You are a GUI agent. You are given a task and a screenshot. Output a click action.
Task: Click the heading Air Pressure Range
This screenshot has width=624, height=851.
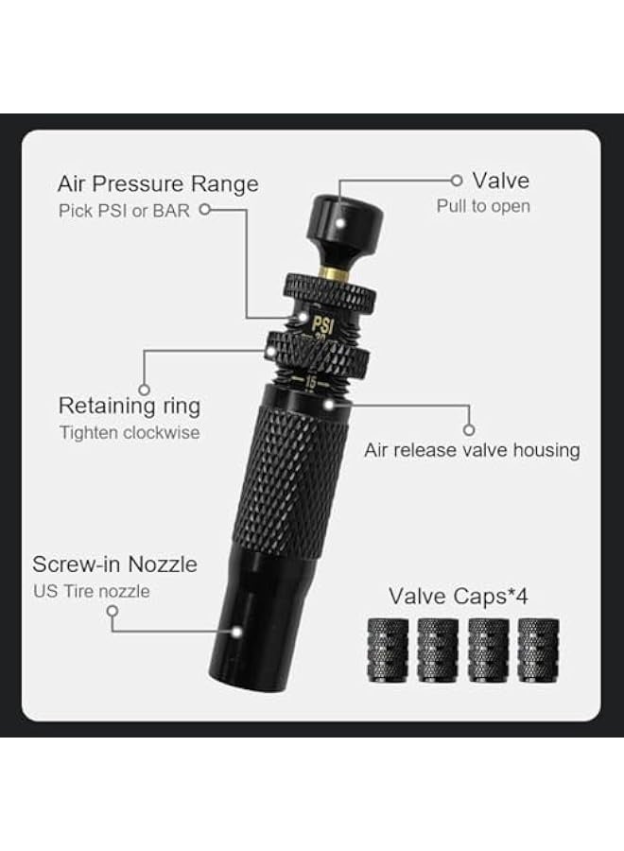coord(157,182)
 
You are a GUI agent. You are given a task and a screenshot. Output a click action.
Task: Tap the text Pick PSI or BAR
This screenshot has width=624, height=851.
coord(124,210)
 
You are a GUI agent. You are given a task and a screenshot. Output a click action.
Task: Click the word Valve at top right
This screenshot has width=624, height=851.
coord(500,180)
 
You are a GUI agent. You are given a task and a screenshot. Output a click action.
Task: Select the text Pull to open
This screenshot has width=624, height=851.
coord(482,206)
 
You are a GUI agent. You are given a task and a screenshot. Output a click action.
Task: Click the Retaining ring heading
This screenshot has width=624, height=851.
coord(130,407)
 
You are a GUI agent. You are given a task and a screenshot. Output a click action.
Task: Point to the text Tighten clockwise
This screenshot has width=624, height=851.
coord(129,433)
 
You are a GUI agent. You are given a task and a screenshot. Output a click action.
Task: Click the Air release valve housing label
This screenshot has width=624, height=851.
coord(472,450)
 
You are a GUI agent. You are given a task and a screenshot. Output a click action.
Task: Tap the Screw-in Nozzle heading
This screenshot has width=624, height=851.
coord(114,564)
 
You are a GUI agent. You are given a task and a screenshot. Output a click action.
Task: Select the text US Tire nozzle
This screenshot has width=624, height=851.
coord(91,591)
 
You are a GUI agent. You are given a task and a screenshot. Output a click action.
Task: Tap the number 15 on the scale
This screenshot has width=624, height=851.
coord(311,382)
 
